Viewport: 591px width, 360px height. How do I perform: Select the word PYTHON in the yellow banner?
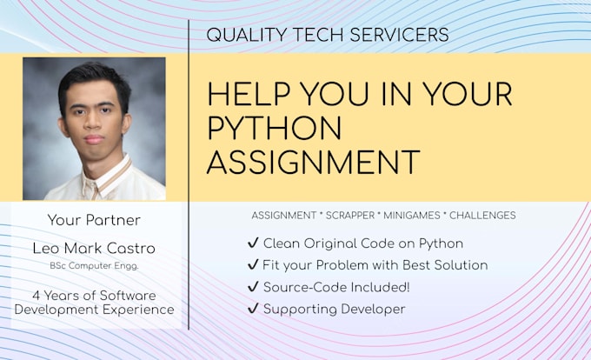coord(275,127)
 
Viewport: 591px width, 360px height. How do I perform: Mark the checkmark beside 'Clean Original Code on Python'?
coord(253,243)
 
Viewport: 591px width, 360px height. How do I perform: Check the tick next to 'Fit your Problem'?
coord(253,265)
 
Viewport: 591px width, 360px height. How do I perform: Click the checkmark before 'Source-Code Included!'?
coord(253,287)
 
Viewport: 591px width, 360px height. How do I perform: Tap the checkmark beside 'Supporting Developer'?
coord(253,309)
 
